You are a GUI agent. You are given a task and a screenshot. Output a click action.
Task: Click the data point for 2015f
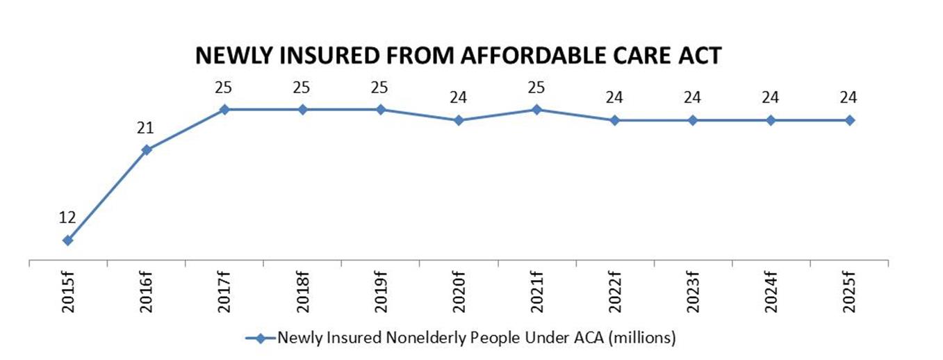pos(67,240)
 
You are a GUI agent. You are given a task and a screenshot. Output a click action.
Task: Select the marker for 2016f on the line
pos(147,149)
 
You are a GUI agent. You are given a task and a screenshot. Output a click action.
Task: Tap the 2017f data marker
pos(224,109)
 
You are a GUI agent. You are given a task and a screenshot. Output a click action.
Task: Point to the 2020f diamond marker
pos(459,120)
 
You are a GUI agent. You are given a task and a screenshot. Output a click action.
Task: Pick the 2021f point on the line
pos(536,109)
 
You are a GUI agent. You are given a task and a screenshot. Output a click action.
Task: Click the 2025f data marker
pos(849,120)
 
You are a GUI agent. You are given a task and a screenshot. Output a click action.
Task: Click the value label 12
pos(67,217)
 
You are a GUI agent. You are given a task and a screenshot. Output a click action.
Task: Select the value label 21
pos(145,127)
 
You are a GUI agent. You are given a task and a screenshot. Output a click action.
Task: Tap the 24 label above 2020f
pos(458,98)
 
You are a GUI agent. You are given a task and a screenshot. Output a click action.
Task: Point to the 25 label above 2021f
pos(536,87)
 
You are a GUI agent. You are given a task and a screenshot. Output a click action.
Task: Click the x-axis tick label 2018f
pos(302,291)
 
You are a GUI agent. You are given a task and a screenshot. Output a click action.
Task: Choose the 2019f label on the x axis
pos(381,291)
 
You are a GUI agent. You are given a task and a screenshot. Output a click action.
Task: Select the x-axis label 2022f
pos(614,291)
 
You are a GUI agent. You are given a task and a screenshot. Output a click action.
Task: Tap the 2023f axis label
pos(693,291)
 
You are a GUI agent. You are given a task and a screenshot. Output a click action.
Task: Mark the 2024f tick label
pos(771,291)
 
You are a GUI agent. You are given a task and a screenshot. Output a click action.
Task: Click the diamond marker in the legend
pos(261,338)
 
